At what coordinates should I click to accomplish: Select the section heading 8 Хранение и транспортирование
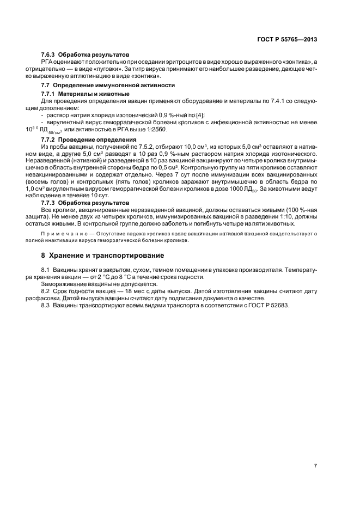(x=103, y=255)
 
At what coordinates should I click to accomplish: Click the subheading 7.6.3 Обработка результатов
(x=86, y=55)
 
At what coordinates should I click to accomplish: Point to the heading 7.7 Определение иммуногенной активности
(x=108, y=86)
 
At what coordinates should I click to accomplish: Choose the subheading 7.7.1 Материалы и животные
(x=86, y=94)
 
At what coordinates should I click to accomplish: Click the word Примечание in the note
(x=65, y=233)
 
